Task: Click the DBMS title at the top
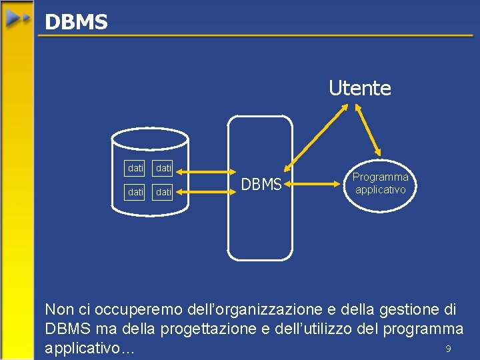(75, 22)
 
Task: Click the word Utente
(359, 88)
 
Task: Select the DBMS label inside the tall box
(261, 185)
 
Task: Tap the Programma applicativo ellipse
(380, 183)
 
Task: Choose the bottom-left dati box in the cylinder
(135, 192)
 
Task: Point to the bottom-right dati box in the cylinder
(163, 192)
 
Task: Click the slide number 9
(449, 349)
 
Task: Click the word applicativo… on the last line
(89, 348)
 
